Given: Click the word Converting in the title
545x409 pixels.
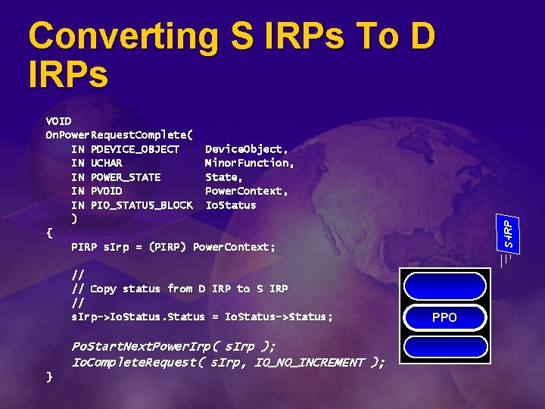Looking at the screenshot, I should point(114,36).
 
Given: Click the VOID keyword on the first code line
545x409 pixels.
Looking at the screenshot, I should point(59,120).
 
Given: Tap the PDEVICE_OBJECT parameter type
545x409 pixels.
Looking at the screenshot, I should point(135,149).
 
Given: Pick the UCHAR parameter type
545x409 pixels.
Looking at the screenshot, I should point(106,163).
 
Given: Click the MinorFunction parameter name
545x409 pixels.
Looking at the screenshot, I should point(249,163).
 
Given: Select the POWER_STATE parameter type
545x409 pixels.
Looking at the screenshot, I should point(126,177).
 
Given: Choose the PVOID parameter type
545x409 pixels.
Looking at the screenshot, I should point(106,191).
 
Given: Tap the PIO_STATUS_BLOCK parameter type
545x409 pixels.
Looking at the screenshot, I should point(142,205).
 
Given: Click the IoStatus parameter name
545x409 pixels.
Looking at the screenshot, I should point(231,205).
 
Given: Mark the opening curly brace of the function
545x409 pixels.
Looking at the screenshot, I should point(49,233).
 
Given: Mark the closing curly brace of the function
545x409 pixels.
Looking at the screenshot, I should point(49,376).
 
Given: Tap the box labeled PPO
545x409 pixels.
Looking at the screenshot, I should point(444,317).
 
